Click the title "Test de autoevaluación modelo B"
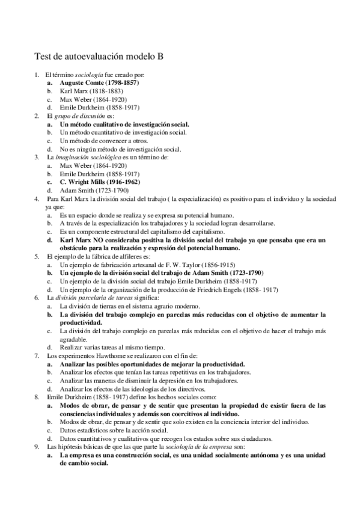99,57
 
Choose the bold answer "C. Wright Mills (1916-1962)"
100,182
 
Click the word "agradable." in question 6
76,339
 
